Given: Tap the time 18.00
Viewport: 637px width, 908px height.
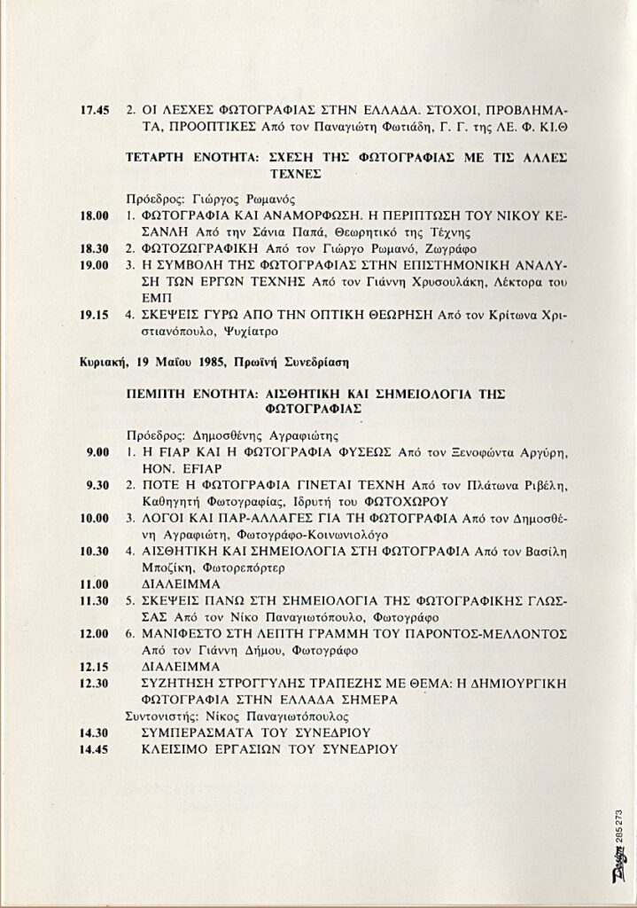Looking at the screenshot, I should coord(94,215).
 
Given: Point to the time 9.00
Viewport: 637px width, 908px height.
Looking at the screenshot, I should coord(97,452).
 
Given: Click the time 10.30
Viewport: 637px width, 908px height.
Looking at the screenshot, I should coord(94,551).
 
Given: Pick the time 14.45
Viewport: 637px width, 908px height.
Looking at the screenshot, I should coord(94,749).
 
